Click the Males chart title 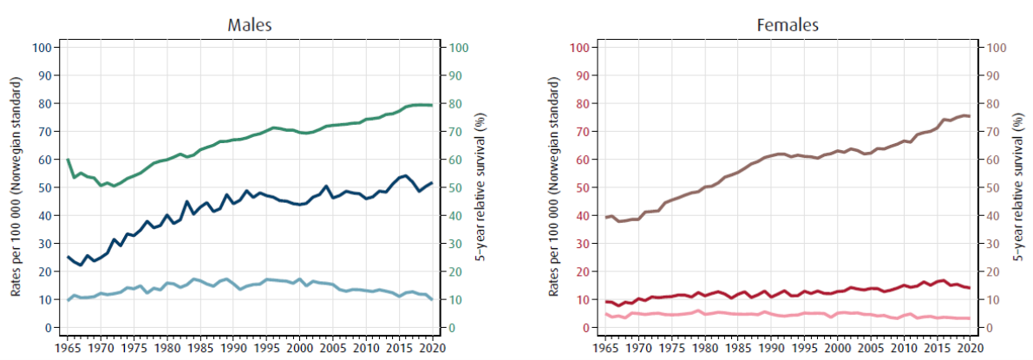[x=250, y=24]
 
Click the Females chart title [x=787, y=24]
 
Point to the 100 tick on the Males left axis [x=40, y=47]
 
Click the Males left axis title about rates [x=16, y=187]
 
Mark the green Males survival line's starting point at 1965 [x=68, y=160]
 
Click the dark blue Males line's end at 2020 [x=431, y=183]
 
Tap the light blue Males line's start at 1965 [x=68, y=300]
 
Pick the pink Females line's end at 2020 [x=969, y=318]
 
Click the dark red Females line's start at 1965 [x=605, y=302]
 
